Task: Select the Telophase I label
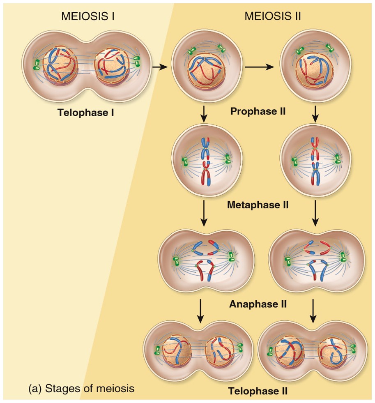[85, 112]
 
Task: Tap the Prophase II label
[258, 111]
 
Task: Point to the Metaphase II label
[258, 204]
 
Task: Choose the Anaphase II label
[258, 304]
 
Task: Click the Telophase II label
[258, 391]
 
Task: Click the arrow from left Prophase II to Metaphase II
[203, 114]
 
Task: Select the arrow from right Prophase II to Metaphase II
[315, 114]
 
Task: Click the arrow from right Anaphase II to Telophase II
[314, 311]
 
